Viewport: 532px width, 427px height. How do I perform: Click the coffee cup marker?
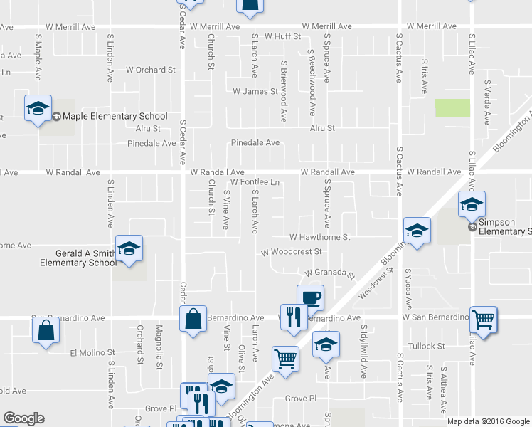coord(309,297)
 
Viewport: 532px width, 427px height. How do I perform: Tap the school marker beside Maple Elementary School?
coord(38,109)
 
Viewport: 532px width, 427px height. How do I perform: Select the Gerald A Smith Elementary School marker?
coord(129,248)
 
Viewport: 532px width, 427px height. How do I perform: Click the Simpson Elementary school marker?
coord(472,204)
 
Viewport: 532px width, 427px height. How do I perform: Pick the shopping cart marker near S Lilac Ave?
coord(483,320)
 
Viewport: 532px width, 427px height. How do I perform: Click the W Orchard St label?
coord(151,70)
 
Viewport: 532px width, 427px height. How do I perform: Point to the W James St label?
coord(255,92)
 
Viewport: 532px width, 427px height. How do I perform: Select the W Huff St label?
coord(283,36)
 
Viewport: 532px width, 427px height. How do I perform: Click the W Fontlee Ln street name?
coord(254,183)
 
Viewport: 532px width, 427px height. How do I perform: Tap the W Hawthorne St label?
coord(320,237)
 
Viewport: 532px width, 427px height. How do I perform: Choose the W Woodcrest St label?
coord(292,252)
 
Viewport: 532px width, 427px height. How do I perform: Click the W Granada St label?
coord(329,273)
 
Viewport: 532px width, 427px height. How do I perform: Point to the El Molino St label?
coord(92,353)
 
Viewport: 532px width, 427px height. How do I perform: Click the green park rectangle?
coord(452,108)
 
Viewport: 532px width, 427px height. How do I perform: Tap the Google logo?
coord(23,418)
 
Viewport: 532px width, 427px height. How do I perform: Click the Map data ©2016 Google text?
coord(488,421)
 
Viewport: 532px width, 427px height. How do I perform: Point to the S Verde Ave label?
coord(487,102)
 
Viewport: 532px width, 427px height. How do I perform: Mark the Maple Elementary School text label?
coord(115,117)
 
